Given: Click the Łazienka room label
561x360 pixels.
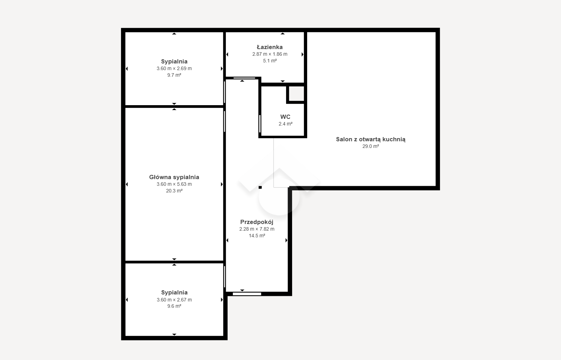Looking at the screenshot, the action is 270,47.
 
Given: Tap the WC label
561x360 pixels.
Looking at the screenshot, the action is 285,117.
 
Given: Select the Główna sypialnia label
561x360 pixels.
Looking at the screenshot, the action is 174,177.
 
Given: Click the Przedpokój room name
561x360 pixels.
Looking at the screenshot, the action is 257,222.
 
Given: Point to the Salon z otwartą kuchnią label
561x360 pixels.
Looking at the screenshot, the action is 371,140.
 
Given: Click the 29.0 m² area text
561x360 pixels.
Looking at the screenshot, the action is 371,146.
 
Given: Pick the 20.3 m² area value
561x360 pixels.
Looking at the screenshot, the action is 174,191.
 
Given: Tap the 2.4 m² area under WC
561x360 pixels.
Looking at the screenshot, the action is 285,124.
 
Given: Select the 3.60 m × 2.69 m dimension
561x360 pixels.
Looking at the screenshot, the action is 174,68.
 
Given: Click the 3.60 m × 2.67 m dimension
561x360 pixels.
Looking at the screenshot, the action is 174,300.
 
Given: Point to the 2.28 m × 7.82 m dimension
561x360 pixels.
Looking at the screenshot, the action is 257,229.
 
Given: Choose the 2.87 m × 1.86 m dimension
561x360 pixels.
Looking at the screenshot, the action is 270,54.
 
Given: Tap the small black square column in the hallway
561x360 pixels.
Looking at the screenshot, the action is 260,187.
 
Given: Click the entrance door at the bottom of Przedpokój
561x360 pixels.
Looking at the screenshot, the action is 247,294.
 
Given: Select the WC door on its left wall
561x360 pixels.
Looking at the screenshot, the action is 260,124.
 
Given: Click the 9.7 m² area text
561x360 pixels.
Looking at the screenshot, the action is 174,75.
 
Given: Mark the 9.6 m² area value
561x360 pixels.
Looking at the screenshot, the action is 174,306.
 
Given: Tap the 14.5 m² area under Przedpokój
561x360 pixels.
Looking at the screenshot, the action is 257,236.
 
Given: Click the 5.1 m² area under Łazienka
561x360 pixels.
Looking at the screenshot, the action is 270,61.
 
